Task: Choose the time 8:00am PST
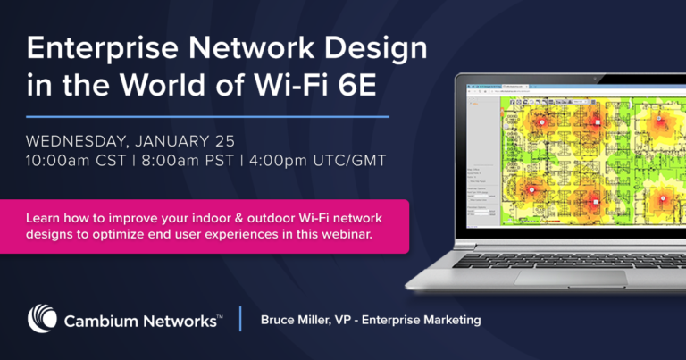point(202,164)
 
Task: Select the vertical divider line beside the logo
point(240,319)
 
